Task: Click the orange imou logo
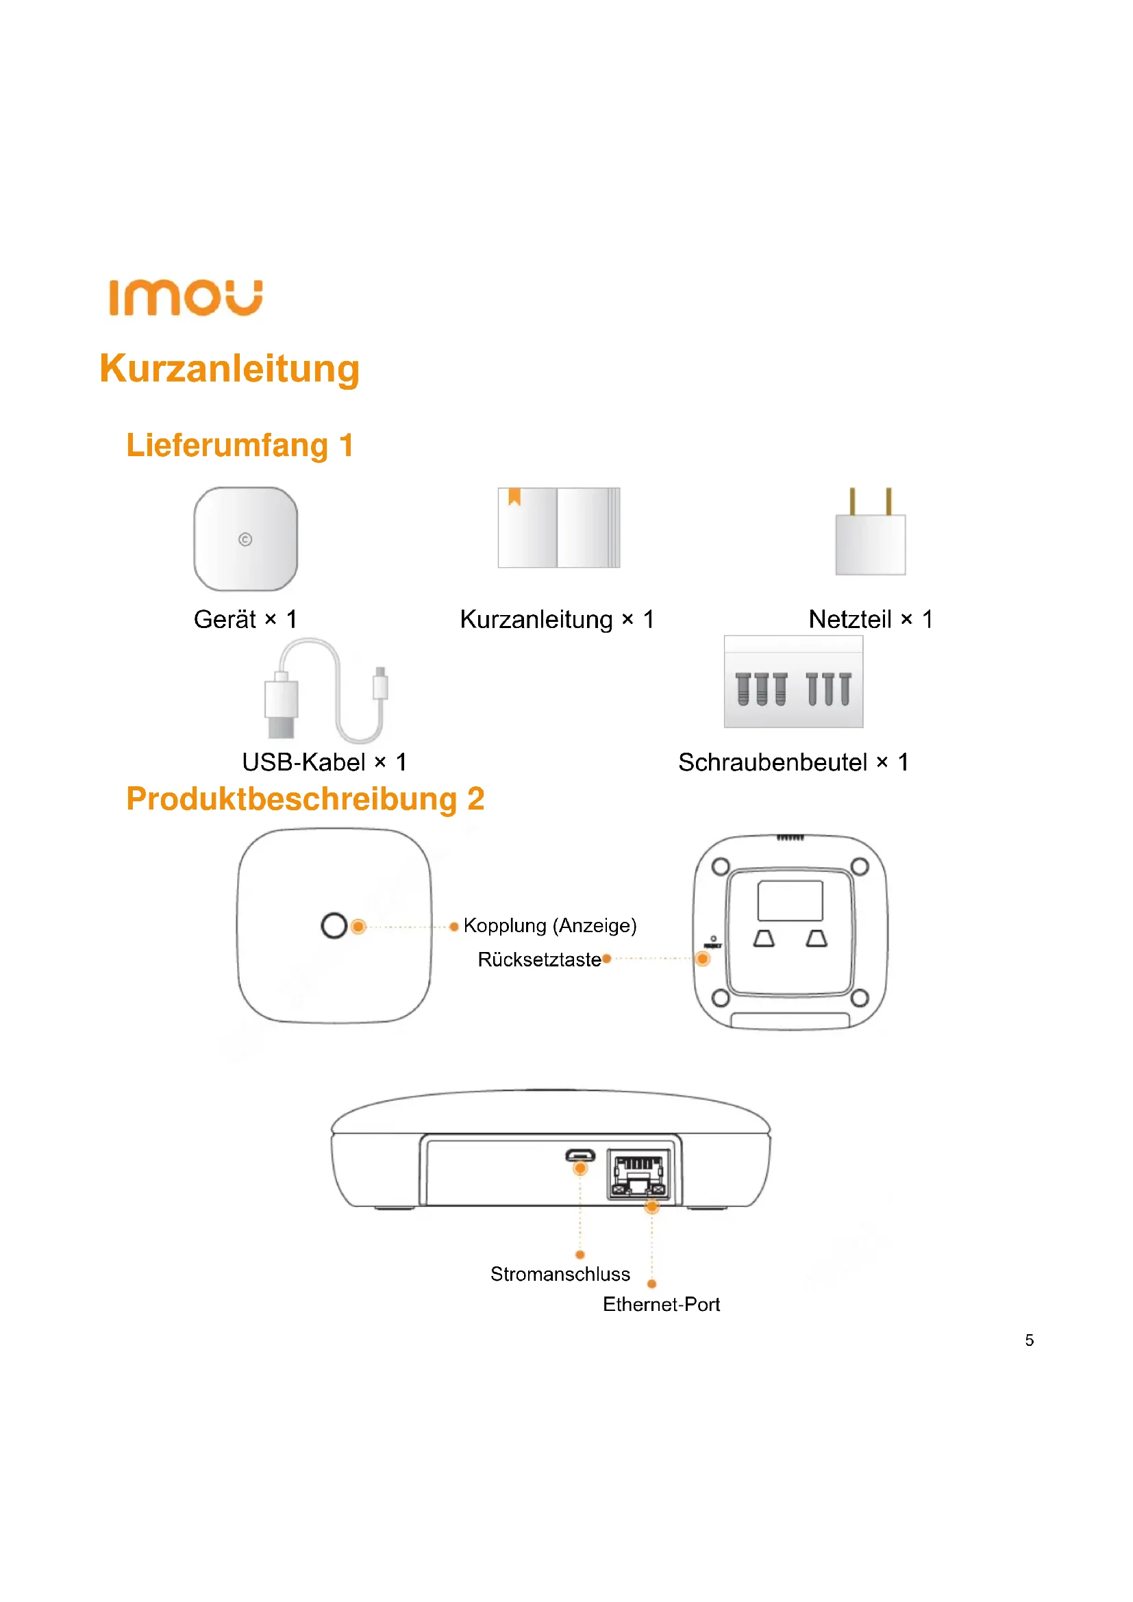click(x=186, y=298)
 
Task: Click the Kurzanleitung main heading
click(x=229, y=368)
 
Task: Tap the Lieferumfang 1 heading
click(x=240, y=445)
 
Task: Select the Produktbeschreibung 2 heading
click(x=305, y=799)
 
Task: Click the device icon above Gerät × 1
click(x=246, y=538)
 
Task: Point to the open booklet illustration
click(x=559, y=527)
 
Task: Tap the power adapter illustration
click(x=870, y=534)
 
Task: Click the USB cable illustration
click(x=326, y=691)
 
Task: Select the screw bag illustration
click(x=793, y=682)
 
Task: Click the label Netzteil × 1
click(x=870, y=619)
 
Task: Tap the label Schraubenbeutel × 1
click(x=793, y=762)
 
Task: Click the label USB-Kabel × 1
click(x=325, y=762)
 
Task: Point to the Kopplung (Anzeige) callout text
click(x=550, y=925)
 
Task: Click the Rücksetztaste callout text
click(x=539, y=960)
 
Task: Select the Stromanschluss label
click(x=560, y=1274)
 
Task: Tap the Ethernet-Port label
click(x=660, y=1304)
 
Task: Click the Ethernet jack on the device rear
click(x=638, y=1175)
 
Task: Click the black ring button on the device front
click(x=334, y=926)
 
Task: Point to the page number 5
click(x=1029, y=1340)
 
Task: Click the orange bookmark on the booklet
click(x=515, y=496)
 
